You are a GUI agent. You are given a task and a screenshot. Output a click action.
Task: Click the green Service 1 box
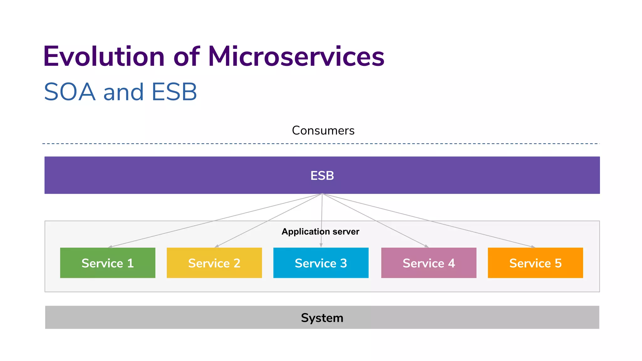coord(108,263)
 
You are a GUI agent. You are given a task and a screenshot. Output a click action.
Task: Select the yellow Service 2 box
coord(214,263)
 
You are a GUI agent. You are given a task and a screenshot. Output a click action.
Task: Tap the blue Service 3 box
coord(321,263)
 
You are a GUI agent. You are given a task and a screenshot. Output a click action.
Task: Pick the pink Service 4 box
coord(429,263)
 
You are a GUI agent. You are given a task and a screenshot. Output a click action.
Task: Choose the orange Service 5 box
coord(535,263)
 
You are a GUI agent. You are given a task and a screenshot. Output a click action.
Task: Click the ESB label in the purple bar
coord(322,175)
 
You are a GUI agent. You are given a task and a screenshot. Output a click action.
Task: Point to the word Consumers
coord(323,130)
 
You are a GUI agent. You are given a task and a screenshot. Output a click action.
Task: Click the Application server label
coord(320,232)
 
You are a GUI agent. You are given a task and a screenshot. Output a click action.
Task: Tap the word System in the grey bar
coord(322,318)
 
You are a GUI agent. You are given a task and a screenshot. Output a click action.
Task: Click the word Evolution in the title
coord(104,56)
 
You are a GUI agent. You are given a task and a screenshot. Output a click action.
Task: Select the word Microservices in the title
coord(296,56)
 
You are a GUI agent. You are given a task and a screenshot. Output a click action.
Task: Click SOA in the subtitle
coord(70,92)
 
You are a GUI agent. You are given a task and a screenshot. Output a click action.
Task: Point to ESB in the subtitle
coord(174,92)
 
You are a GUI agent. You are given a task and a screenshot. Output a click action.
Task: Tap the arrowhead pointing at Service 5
coord(533,247)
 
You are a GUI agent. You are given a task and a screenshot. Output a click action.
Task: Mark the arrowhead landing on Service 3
coord(321,246)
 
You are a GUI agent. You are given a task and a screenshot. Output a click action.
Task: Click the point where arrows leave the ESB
coord(322,194)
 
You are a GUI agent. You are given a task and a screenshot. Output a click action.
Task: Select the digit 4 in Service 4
coord(451,263)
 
